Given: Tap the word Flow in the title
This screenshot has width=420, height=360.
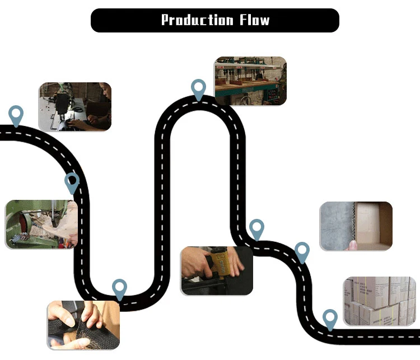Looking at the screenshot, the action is (x=254, y=21).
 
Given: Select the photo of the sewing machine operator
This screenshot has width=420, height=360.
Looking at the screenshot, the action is (x=75, y=106).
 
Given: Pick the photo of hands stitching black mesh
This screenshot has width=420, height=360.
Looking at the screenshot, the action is (x=83, y=325).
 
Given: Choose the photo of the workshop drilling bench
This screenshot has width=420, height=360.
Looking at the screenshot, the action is (x=250, y=81).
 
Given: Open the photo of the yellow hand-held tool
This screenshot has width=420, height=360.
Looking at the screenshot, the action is (x=217, y=271).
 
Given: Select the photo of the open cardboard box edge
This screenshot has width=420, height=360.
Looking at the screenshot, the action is (x=356, y=226).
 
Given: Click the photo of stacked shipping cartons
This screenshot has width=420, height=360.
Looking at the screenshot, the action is (x=380, y=301).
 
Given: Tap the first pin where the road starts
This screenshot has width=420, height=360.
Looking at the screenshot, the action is (x=16, y=115).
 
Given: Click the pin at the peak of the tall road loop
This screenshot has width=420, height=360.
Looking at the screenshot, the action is (x=198, y=89).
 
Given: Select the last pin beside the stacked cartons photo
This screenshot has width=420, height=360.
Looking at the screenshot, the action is (x=330, y=319).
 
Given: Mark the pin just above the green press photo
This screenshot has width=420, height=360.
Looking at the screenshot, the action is (x=72, y=182).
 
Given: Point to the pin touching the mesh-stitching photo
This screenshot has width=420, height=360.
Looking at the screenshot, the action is (x=119, y=289).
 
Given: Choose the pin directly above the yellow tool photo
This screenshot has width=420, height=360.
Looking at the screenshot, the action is (x=256, y=229).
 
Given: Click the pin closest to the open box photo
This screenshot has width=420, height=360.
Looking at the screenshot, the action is (x=302, y=252).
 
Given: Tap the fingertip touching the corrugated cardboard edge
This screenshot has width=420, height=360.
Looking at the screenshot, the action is (x=352, y=244).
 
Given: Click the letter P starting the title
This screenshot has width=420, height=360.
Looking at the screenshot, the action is (x=166, y=21).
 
